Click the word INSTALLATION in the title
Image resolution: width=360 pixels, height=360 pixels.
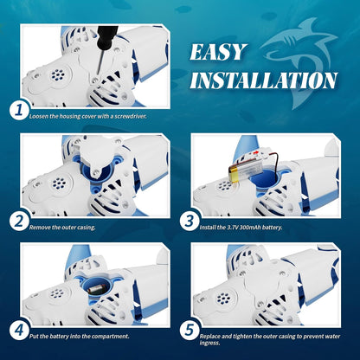coord(263,81)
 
